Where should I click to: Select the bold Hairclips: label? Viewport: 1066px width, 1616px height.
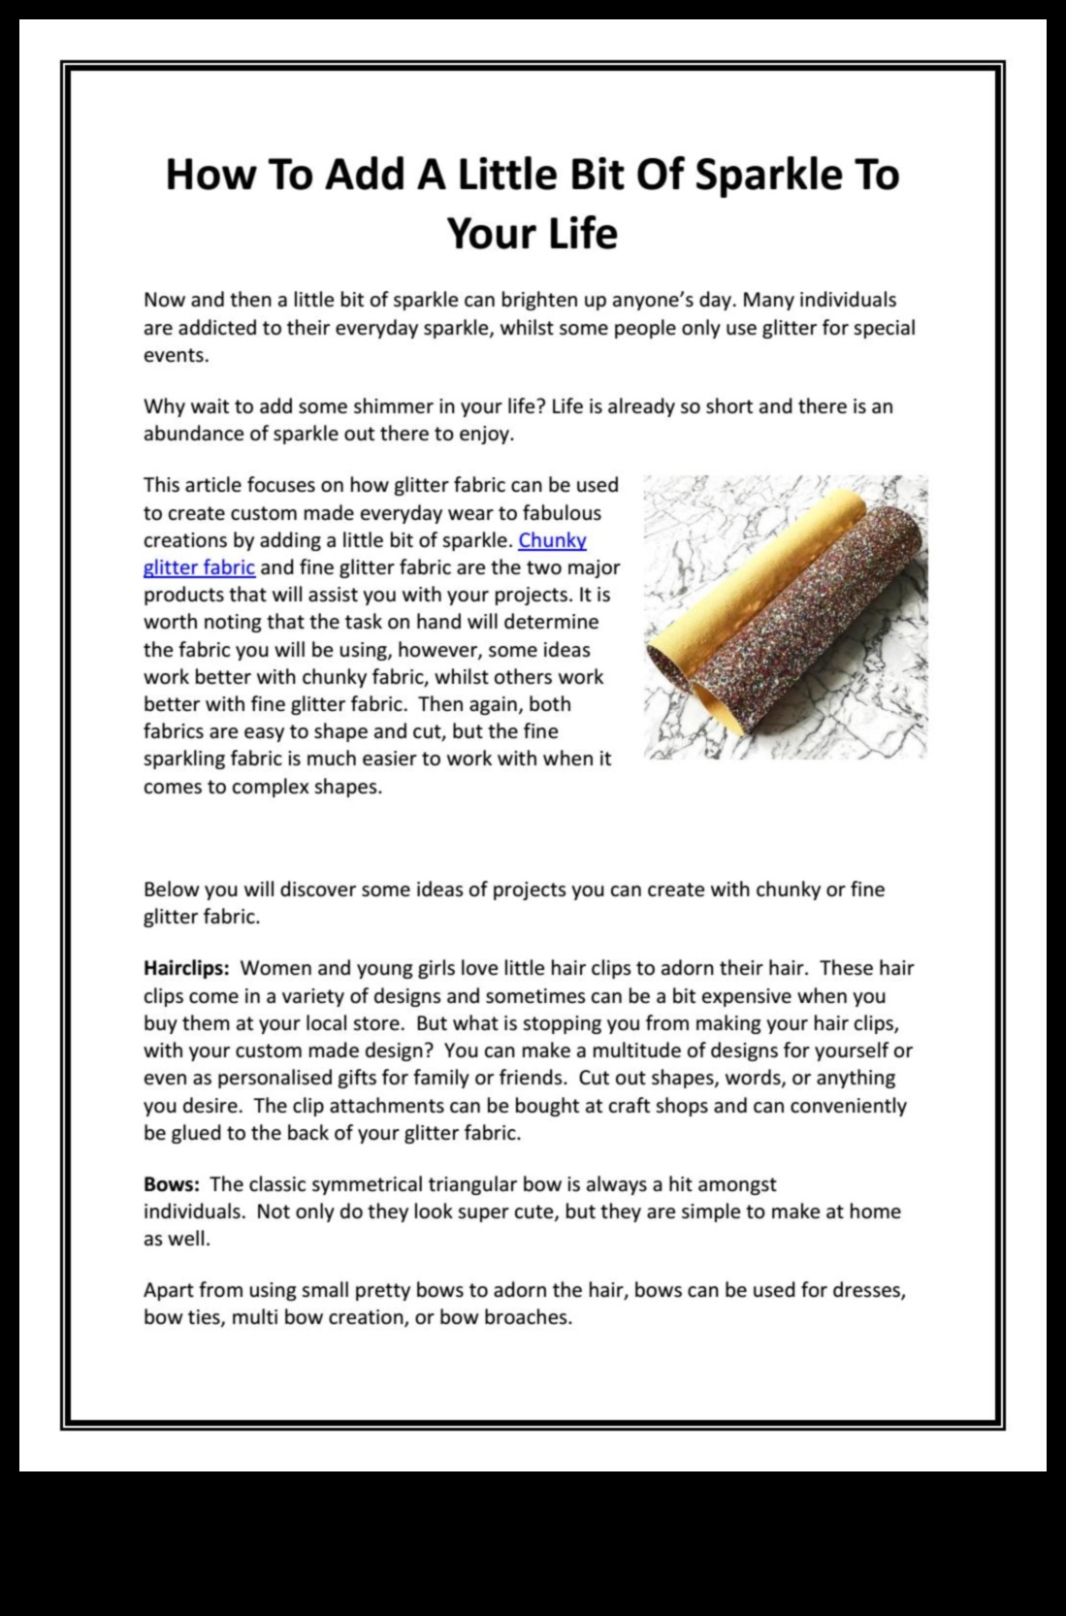186,968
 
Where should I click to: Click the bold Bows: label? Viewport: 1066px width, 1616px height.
172,1184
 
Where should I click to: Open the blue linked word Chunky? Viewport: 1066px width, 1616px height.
553,540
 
